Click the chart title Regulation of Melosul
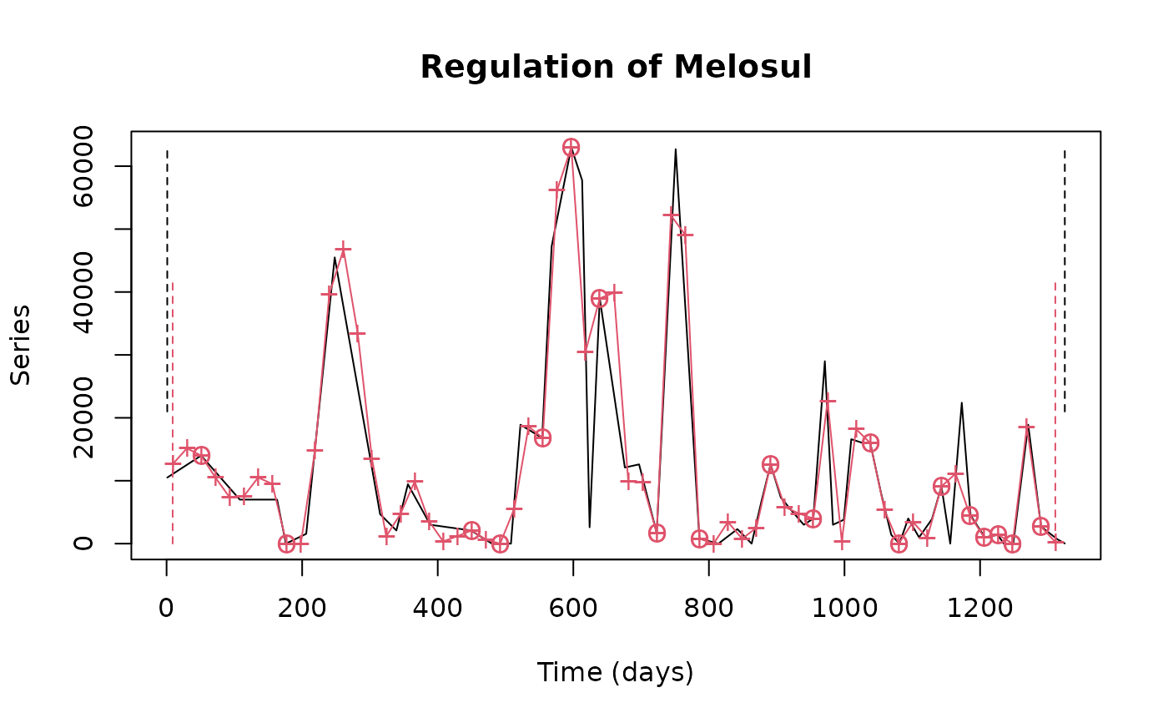pos(616,67)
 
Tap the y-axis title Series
pos(21,345)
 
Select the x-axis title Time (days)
pos(615,672)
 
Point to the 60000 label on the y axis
pos(83,166)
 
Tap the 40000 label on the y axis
pos(83,292)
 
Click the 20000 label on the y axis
pos(83,417)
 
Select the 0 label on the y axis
pos(83,544)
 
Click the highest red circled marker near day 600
pos(571,147)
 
